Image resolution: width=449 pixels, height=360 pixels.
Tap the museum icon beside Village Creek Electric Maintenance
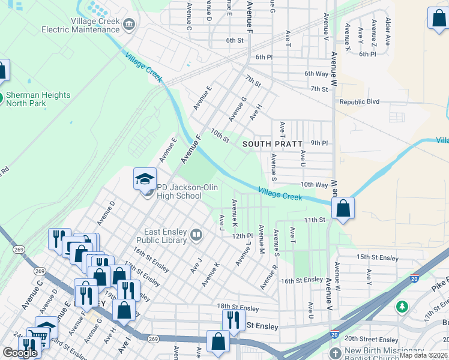click(x=129, y=25)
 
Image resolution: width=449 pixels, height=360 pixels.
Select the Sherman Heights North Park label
click(x=38, y=99)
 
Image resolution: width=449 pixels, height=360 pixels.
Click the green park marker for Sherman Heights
click(x=2, y=96)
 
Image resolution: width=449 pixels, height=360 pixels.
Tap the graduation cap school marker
click(x=145, y=178)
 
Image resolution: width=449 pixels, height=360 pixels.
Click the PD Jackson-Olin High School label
click(x=178, y=191)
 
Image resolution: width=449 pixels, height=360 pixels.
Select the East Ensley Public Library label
click(x=166, y=236)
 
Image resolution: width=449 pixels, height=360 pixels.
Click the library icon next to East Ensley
click(x=196, y=235)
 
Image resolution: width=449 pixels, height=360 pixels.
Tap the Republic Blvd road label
click(x=360, y=102)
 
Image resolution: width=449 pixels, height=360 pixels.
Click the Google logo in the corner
click(x=20, y=353)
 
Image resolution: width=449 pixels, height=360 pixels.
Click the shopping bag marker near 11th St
click(x=343, y=209)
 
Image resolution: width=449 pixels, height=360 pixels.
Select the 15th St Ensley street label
click(x=378, y=258)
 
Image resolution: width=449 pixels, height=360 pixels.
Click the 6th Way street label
click(x=317, y=74)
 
